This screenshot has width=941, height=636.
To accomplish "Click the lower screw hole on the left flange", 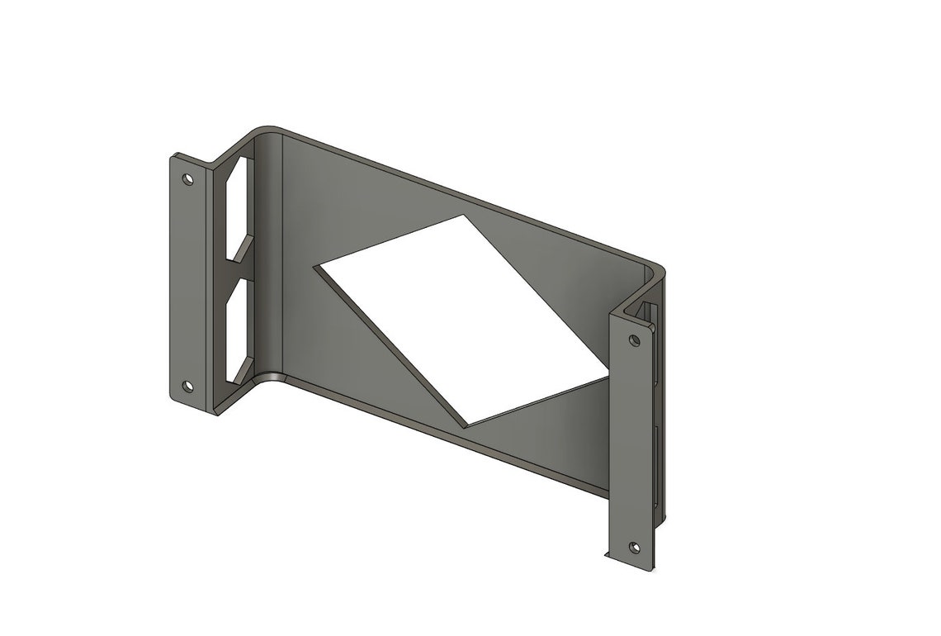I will point(187,386).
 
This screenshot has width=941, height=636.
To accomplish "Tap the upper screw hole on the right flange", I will point(634,339).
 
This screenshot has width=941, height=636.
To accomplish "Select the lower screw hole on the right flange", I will point(633,547).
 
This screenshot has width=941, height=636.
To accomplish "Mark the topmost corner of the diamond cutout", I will point(463,216).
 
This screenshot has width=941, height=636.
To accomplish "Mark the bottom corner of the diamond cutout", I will point(467,425).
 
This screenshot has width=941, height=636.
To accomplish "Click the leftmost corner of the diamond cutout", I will point(319,266).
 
